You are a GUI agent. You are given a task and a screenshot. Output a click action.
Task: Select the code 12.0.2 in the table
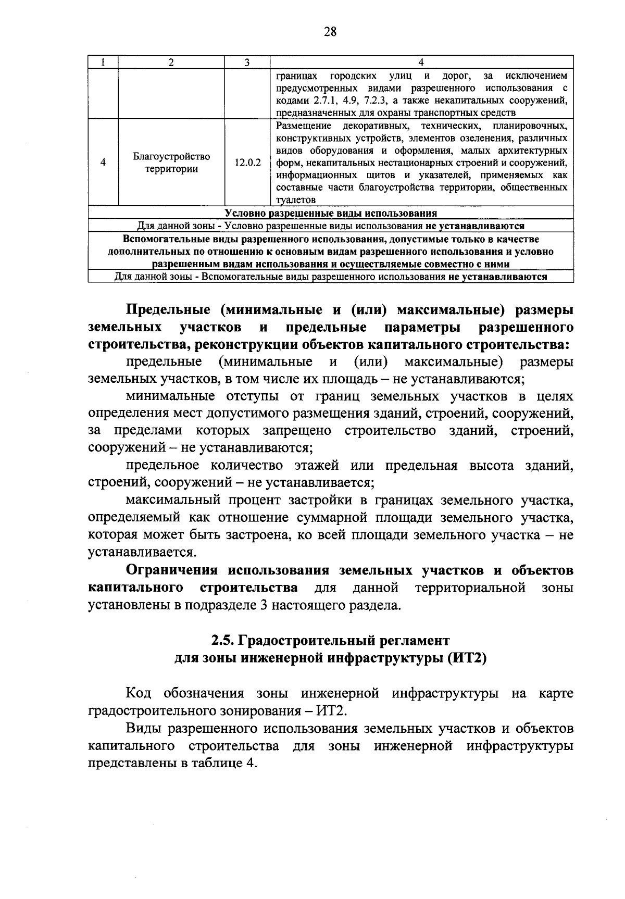247,163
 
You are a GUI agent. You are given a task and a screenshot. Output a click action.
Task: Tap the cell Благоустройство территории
171,163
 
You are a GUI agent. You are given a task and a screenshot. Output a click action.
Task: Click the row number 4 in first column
103,163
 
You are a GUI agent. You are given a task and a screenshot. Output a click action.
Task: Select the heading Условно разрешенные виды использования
330,213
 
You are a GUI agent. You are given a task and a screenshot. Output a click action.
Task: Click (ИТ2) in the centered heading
466,657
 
